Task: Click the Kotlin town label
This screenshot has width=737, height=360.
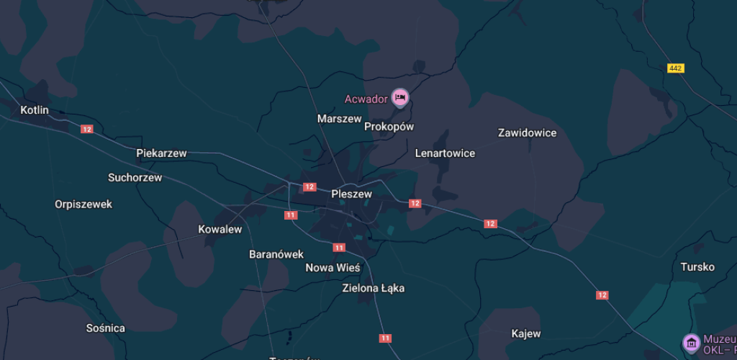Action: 35,110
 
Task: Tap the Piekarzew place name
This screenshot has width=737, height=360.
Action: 161,153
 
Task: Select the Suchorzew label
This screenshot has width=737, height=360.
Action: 135,177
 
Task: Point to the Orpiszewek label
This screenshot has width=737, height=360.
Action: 83,204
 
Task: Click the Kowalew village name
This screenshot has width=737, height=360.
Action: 220,230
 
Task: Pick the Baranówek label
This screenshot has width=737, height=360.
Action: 276,254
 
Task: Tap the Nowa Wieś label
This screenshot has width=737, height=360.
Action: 333,268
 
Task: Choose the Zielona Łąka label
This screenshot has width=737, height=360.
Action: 373,288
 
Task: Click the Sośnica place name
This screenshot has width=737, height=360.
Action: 105,328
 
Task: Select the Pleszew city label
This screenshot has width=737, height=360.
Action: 351,194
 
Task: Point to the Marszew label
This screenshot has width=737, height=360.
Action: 339,118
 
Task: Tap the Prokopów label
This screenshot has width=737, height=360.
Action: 389,127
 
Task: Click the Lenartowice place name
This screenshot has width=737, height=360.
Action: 445,153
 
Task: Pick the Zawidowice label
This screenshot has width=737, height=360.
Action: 527,132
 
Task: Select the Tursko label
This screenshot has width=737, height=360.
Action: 697,267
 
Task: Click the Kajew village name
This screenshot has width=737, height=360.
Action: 525,334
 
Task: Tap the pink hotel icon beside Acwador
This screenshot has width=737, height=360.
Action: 400,96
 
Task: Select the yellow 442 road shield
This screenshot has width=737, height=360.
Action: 675,68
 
